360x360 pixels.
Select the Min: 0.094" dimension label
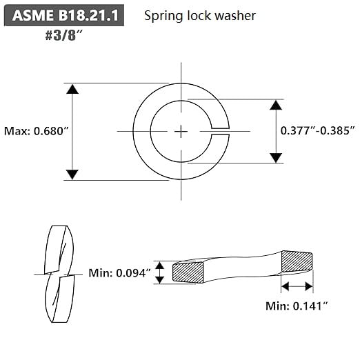[x=119, y=273]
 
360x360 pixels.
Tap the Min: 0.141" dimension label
[x=297, y=304]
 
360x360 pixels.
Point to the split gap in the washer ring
[x=221, y=131]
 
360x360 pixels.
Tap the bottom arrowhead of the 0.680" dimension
[x=72, y=174]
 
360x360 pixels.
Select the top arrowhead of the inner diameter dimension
[x=275, y=106]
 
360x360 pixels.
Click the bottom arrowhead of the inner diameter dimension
[x=275, y=157]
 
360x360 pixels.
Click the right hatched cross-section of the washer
[x=297, y=262]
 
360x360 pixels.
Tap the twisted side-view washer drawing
[x=58, y=274]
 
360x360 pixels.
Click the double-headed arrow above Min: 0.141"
[x=297, y=286]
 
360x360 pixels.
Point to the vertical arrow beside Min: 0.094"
[x=160, y=272]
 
